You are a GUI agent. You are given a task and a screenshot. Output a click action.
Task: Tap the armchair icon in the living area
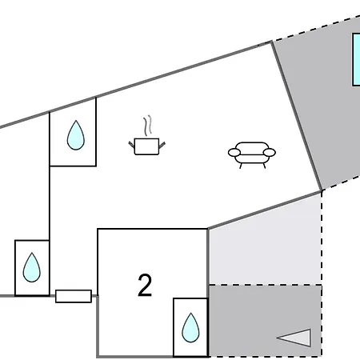tap(252, 154)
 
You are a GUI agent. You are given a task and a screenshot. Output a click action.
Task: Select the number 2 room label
tap(145, 286)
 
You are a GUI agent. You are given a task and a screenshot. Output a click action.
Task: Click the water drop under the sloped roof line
tap(76, 135)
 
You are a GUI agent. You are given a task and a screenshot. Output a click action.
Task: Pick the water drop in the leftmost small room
tap(32, 267)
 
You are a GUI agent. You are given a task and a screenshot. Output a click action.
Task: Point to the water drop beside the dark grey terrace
tap(190, 327)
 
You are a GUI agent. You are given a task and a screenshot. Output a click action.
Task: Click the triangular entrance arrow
tap(294, 338)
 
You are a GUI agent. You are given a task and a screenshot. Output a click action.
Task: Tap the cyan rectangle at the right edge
tap(356, 59)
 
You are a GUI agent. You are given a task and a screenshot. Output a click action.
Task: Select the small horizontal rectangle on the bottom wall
tap(74, 296)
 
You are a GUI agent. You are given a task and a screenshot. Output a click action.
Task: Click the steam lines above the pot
tap(148, 126)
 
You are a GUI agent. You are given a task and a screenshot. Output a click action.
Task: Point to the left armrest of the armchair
tap(234, 153)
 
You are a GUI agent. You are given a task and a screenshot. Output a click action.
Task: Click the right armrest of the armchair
tap(270, 153)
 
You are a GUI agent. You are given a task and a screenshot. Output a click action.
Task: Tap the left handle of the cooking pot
tap(132, 145)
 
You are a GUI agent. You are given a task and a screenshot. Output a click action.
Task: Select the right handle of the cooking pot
tap(162, 145)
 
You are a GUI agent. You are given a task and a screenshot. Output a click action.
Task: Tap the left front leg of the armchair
tap(241, 166)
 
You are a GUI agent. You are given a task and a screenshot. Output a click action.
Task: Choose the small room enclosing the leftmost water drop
tap(32, 268)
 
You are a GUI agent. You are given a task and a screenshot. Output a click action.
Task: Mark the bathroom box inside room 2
tap(190, 327)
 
